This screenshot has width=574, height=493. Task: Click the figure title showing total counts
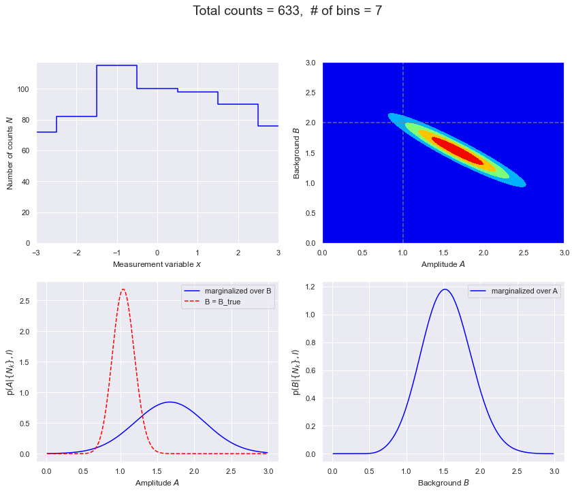287,12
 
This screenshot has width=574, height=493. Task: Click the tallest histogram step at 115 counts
116,65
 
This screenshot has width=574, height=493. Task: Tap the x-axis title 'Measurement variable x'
157,264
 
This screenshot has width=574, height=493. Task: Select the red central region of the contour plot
458,150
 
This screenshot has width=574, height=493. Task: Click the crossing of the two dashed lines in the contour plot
403,123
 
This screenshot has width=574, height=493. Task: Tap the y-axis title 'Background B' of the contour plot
297,153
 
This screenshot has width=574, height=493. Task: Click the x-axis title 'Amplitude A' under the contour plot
443,264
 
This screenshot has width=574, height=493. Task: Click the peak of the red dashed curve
123,289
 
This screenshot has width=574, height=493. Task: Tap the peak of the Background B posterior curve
445,289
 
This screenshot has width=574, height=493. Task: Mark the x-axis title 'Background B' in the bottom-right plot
443,483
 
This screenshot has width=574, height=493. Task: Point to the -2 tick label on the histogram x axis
76,253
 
